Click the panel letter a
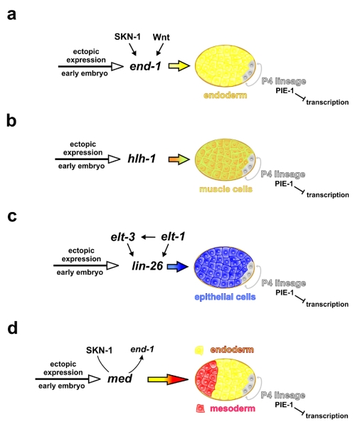click(11, 14)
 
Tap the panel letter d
click(12, 327)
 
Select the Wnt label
click(162, 37)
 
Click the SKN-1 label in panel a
click(127, 36)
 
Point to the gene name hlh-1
click(142, 159)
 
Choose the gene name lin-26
click(147, 265)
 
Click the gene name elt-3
click(123, 237)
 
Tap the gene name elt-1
click(173, 236)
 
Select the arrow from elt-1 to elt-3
click(148, 237)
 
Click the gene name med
click(120, 379)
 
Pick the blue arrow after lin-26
click(178, 266)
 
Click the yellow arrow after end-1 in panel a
click(179, 66)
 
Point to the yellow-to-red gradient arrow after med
click(168, 379)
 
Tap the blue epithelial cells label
click(225, 297)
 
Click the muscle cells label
click(226, 189)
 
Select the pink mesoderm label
click(233, 408)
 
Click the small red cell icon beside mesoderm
click(201, 408)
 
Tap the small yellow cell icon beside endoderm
click(199, 350)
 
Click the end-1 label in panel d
click(142, 349)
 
